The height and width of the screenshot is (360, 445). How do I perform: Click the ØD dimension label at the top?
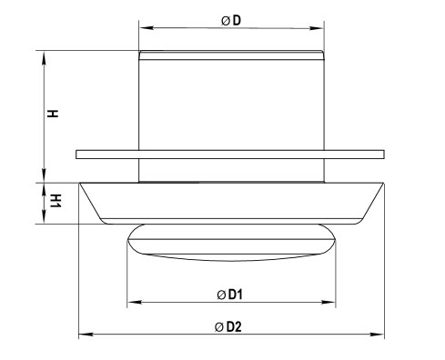[x=230, y=21]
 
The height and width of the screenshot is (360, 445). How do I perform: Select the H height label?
[x=54, y=115]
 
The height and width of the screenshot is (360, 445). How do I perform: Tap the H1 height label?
[x=55, y=200]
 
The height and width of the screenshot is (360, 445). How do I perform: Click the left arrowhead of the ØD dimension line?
[x=143, y=27]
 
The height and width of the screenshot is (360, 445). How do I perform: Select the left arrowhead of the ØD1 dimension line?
[x=133, y=301]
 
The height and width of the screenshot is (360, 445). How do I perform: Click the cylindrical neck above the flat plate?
[x=231, y=100]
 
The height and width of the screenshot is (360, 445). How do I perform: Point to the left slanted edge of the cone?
[x=91, y=202]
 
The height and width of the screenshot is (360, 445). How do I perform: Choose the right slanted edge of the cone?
[x=371, y=202]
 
